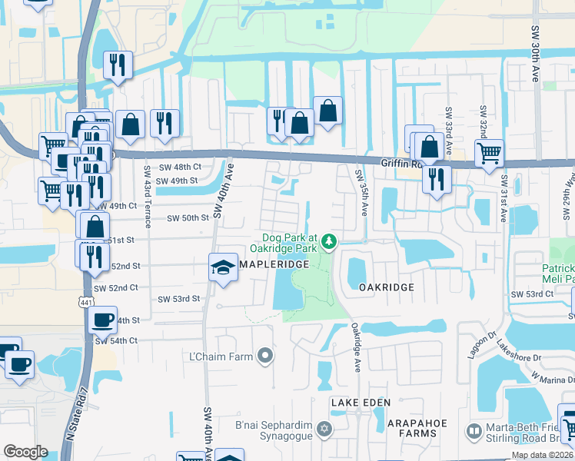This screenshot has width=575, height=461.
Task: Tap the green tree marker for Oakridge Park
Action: [x=330, y=242]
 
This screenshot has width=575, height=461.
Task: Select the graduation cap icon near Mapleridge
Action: [x=223, y=267]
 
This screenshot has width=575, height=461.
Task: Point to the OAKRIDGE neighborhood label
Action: [x=387, y=287]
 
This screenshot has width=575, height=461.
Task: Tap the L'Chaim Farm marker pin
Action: [x=266, y=354]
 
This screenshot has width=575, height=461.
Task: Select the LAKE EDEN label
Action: [x=361, y=403]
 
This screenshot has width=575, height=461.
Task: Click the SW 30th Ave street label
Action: [x=536, y=54]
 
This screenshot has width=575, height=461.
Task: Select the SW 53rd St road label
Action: [x=178, y=299]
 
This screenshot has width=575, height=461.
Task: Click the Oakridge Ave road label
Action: [x=356, y=348]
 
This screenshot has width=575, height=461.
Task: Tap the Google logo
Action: [x=25, y=452]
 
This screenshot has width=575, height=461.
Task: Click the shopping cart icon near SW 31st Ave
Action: [x=489, y=153]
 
